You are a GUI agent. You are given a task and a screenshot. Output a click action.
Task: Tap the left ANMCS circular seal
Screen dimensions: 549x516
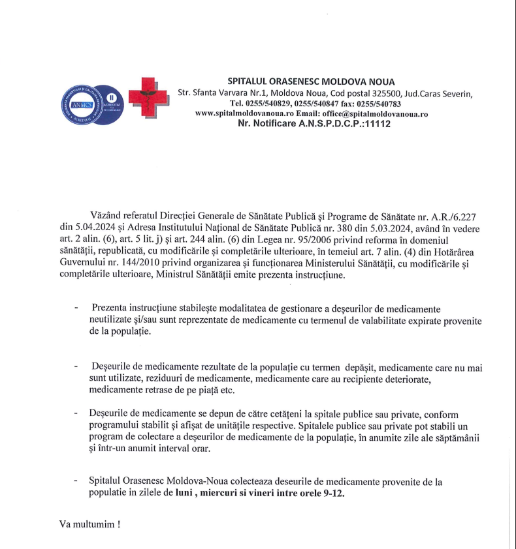point(77,102)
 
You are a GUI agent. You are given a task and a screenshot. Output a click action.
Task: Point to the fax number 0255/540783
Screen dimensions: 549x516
point(380,104)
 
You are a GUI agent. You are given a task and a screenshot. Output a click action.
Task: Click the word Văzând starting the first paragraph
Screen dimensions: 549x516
point(108,216)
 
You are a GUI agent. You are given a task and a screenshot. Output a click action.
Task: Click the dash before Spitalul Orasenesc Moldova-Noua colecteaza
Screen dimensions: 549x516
point(77,482)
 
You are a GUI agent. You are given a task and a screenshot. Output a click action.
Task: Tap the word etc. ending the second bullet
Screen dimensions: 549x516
point(227,391)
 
